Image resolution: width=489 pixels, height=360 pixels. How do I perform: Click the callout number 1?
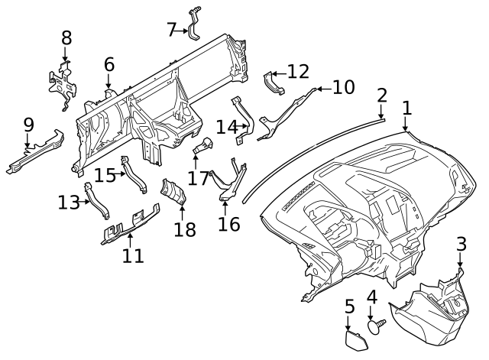[407, 108]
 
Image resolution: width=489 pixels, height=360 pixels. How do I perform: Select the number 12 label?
[298, 71]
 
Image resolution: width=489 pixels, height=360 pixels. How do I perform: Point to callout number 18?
[185, 229]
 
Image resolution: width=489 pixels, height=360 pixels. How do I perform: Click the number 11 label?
[133, 256]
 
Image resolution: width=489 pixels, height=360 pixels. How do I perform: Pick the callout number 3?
[461, 244]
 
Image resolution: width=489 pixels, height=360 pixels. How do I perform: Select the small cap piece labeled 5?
[356, 341]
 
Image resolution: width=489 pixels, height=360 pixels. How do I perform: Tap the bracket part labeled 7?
[194, 24]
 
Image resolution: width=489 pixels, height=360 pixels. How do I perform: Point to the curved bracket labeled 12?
[274, 83]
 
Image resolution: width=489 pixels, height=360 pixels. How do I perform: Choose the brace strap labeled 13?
[96, 200]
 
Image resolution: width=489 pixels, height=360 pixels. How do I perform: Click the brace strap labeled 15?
[134, 175]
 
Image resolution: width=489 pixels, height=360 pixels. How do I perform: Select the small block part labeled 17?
[203, 145]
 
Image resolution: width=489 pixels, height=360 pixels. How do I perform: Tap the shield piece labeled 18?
[173, 192]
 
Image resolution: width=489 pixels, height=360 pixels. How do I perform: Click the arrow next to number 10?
[324, 89]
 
